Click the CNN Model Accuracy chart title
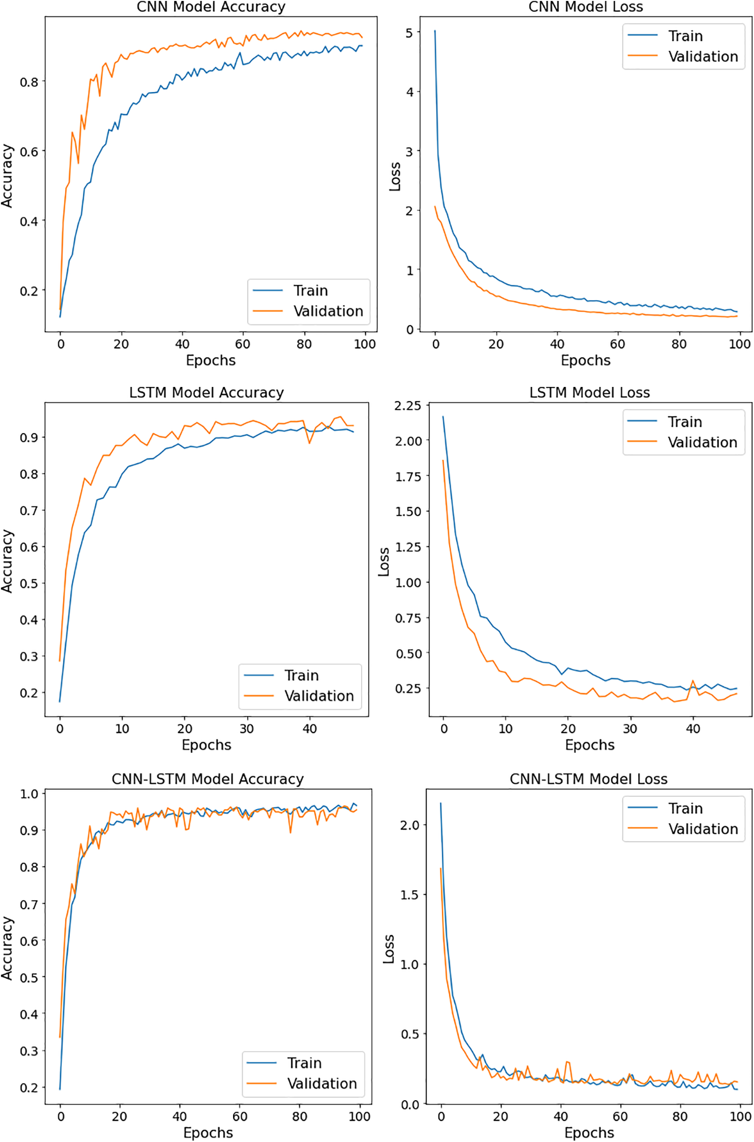coord(210,7)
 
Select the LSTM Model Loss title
coord(589,392)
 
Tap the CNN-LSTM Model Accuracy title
coord(207,779)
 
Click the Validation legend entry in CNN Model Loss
coord(702,56)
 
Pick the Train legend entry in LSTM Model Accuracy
coord(301,675)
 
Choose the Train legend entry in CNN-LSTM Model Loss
coord(685,808)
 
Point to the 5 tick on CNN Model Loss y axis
coord(409,33)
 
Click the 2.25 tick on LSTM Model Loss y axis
coord(407,406)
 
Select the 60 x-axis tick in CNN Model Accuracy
coord(242,344)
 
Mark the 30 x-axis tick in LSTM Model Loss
coord(630,729)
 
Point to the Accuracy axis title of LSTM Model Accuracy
coord(7,560)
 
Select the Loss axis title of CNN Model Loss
coord(395,177)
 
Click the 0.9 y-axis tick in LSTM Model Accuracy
coord(29,437)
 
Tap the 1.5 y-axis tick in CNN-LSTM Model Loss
coord(409,895)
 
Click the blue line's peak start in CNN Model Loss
coord(435,32)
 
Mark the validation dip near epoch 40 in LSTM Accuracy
coord(309,443)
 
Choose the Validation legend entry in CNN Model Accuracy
coord(328,311)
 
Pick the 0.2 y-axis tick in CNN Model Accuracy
coord(29,291)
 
